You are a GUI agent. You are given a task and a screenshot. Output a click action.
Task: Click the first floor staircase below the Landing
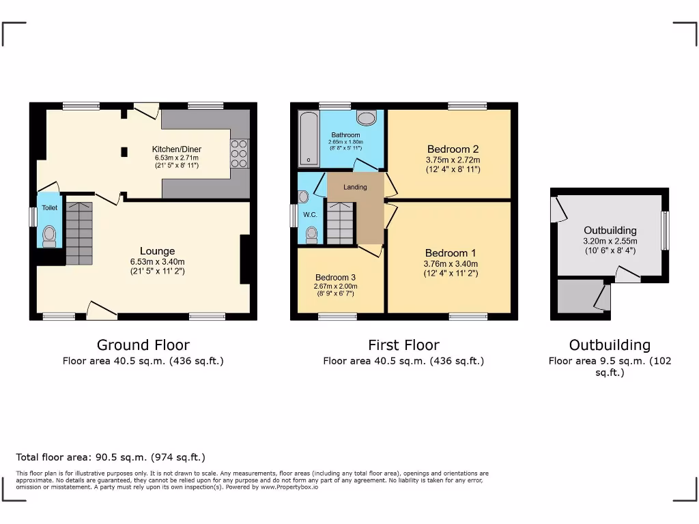pos(339,224)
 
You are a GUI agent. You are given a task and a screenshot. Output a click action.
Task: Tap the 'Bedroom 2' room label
pos(453,149)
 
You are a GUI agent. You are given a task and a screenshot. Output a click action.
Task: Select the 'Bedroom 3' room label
pos(335,277)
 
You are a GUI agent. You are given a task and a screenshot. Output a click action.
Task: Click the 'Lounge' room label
pos(157,251)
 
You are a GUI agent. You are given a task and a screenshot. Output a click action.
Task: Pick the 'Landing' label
pos(355,187)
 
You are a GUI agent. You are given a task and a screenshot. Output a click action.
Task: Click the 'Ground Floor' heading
pos(143,345)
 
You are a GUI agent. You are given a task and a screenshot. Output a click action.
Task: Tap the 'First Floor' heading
pos(403,345)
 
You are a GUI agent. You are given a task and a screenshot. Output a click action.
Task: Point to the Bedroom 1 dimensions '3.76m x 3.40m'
pos(451,264)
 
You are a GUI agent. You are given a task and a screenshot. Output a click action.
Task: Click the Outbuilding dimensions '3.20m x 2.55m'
pos(610,241)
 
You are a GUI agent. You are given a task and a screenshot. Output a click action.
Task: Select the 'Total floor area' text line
pos(110,457)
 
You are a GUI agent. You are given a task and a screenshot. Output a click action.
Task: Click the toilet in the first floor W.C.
pos(312,234)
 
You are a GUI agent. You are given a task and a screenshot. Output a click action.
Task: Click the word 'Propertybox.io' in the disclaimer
pos(296,487)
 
